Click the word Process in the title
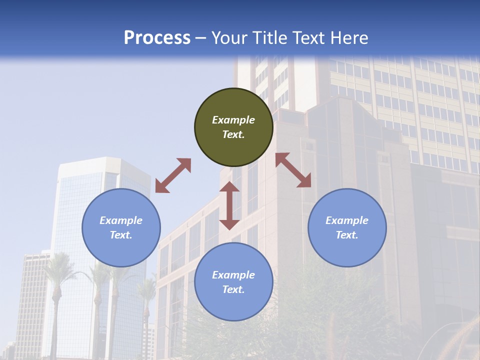point(157,38)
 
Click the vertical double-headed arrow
point(229,205)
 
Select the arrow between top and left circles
point(173,175)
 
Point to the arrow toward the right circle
point(293,170)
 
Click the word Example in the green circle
point(233,120)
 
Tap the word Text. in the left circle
point(121,235)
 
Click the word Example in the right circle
point(347,220)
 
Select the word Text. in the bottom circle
point(233,289)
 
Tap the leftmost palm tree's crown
point(58,265)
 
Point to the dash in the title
point(201,38)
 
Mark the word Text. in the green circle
point(233,134)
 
